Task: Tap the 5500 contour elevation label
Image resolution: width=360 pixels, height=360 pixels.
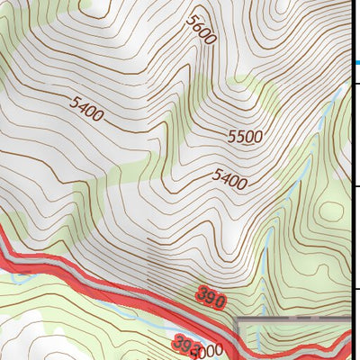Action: pyautogui.click(x=245, y=137)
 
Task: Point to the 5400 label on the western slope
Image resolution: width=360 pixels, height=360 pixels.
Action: pyautogui.click(x=85, y=108)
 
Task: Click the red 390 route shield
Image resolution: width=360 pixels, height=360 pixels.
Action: pyautogui.click(x=210, y=298)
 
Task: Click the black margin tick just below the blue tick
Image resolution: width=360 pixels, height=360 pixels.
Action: pyautogui.click(x=355, y=84)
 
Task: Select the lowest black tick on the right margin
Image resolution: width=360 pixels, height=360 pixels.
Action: pyautogui.click(x=355, y=289)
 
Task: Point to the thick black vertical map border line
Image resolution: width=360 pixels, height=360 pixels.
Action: pyautogui.click(x=350, y=180)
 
